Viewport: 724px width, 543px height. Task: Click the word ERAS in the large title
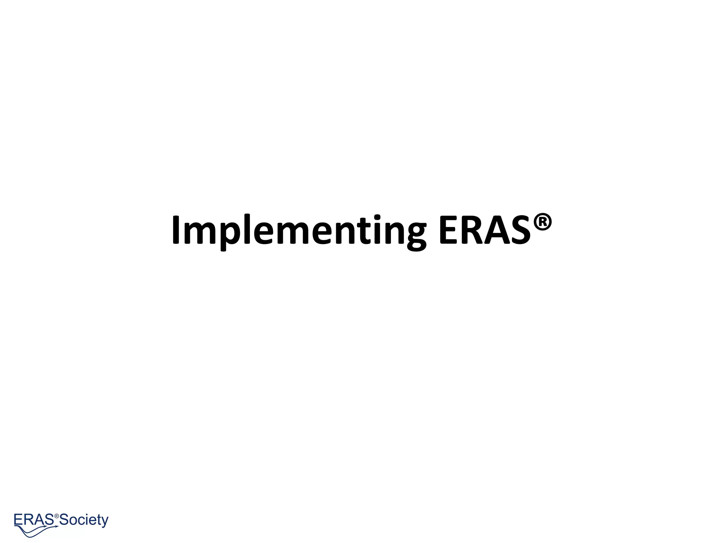tap(485, 230)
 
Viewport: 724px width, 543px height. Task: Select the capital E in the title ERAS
tap(449, 230)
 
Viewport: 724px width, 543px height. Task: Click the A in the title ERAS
tap(498, 230)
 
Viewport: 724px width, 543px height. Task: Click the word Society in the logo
tap(84, 520)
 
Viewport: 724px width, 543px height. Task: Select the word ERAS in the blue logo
tap(34, 520)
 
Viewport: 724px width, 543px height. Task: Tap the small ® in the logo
tap(57, 516)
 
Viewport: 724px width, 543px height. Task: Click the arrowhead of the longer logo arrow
tap(57, 526)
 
